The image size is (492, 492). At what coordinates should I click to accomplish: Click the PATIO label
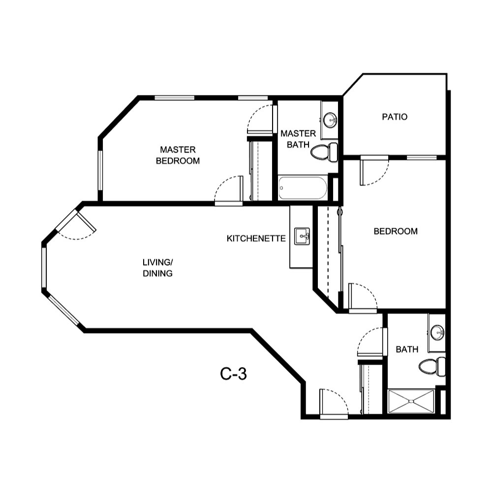(395, 117)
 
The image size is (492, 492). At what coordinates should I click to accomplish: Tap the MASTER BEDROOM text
(178, 155)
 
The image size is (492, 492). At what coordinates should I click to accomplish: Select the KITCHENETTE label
(256, 239)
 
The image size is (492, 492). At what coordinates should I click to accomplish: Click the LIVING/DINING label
(157, 268)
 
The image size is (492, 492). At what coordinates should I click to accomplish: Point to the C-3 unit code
(233, 374)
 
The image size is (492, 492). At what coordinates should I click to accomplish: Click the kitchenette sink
(301, 237)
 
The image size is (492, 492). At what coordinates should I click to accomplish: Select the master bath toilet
(325, 152)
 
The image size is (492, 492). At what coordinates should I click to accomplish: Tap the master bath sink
(330, 119)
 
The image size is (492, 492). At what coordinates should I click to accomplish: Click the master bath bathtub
(303, 188)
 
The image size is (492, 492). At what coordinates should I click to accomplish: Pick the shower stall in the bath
(411, 401)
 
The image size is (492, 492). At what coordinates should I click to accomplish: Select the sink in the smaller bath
(437, 333)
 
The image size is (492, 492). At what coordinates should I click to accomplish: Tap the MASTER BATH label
(298, 139)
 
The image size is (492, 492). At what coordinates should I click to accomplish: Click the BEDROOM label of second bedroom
(396, 231)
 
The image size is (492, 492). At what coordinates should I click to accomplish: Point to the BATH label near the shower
(407, 349)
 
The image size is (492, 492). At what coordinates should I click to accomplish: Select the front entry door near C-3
(334, 403)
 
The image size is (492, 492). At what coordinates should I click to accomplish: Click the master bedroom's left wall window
(100, 170)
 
